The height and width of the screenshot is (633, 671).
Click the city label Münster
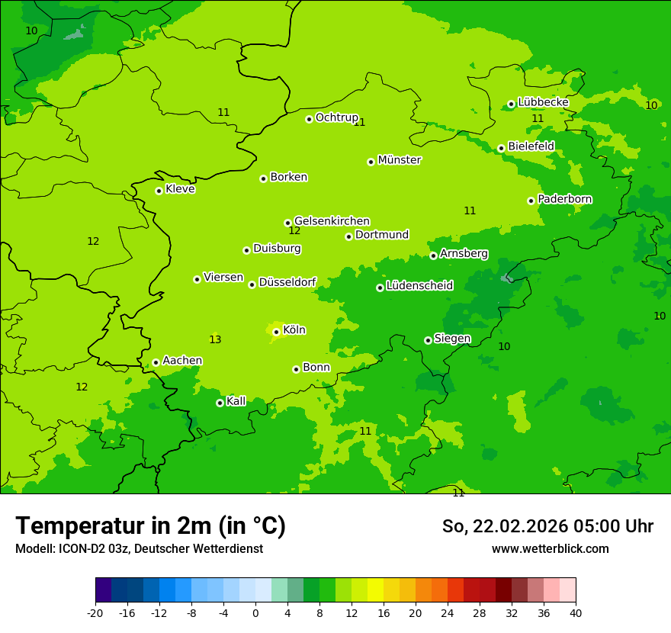(400, 160)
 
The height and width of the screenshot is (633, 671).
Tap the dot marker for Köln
(276, 332)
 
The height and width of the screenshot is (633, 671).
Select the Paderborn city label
(565, 199)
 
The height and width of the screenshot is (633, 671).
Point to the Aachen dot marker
(156, 362)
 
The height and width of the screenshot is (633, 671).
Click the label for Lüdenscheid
(419, 286)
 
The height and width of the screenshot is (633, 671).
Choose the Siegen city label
(452, 339)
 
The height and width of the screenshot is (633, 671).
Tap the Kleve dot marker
(159, 191)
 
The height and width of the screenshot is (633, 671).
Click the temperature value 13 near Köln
(215, 339)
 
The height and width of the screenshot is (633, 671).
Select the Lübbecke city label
(543, 102)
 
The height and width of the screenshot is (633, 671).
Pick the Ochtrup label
(336, 117)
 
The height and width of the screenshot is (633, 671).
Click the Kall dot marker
(220, 403)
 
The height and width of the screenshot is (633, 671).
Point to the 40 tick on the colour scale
(576, 612)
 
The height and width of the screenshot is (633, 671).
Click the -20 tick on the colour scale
(95, 612)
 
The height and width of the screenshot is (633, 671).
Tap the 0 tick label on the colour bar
(255, 612)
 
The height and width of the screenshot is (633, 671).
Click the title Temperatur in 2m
(150, 525)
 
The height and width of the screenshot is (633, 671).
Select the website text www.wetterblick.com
(550, 548)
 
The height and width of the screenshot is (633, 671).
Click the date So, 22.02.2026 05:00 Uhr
(547, 526)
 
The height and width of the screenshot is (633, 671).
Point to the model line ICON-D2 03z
(139, 548)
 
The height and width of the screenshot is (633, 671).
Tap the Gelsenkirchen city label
(332, 221)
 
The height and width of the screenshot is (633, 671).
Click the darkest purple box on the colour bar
(103, 590)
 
